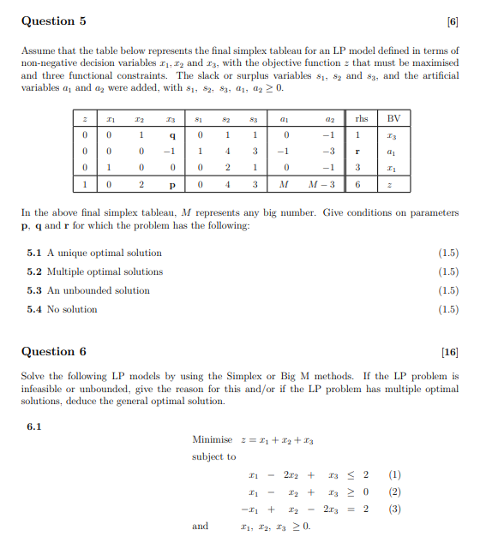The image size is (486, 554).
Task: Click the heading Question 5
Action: tap(53, 21)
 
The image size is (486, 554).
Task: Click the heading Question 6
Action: tap(53, 351)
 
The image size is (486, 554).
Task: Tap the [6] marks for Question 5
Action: tap(452, 21)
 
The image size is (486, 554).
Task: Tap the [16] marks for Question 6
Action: tap(449, 351)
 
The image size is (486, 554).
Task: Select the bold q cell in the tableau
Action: tap(173, 134)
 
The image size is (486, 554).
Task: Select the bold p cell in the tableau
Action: tap(173, 184)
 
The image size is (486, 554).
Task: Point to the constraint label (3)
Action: tap(394, 508)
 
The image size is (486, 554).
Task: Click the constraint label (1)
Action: tap(394, 474)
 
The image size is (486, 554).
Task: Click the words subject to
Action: tap(213, 456)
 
